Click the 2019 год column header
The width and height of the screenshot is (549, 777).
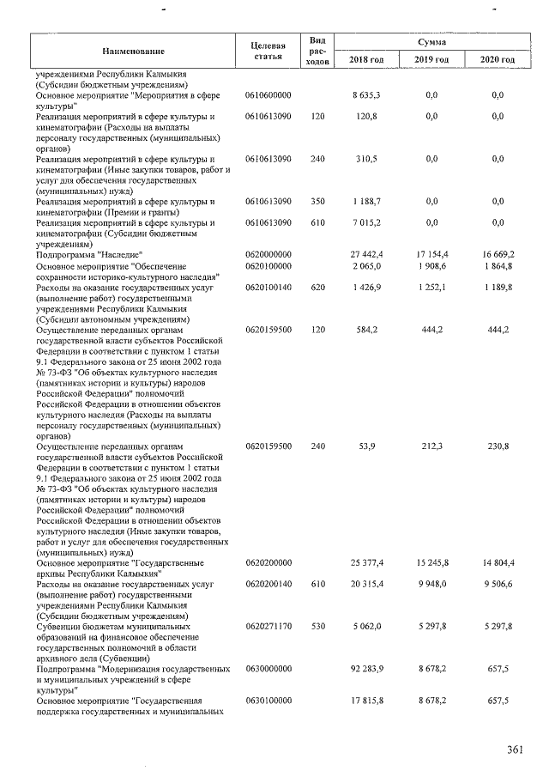coord(431,59)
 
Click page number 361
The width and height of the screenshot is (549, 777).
coord(514,750)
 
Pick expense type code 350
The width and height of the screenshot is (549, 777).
coord(318,202)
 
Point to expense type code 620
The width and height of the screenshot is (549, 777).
coord(318,287)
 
